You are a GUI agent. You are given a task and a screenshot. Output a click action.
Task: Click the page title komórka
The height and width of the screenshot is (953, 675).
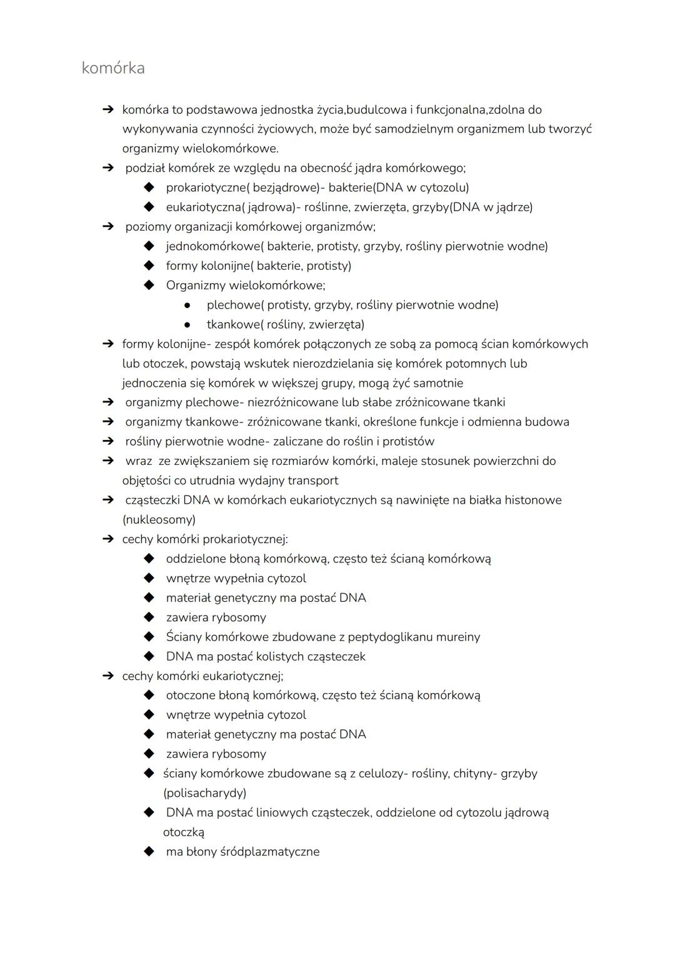pyautogui.click(x=113, y=68)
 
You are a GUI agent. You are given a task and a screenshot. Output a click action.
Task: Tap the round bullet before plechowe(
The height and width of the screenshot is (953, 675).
pyautogui.click(x=187, y=305)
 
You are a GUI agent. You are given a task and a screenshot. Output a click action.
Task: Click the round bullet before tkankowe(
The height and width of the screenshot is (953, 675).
pyautogui.click(x=187, y=324)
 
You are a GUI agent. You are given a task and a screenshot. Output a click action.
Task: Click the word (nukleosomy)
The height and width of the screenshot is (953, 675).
pyautogui.click(x=159, y=520)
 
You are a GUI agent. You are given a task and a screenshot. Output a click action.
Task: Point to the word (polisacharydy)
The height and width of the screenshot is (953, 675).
pyautogui.click(x=205, y=793)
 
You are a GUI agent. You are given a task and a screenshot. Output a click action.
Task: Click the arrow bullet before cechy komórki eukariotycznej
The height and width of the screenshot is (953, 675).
pyautogui.click(x=108, y=676)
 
